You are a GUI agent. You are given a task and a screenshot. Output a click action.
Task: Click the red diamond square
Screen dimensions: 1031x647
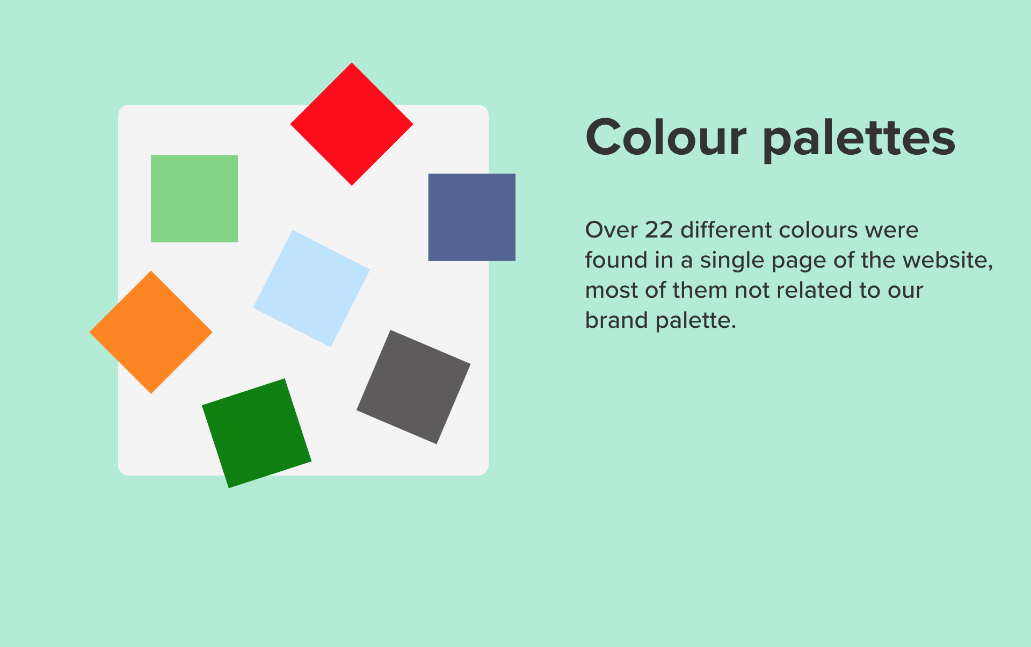point(352,124)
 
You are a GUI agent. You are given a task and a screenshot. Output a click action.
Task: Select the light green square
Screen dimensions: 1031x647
point(194,199)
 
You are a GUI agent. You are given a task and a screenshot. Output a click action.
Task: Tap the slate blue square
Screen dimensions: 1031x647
point(471,217)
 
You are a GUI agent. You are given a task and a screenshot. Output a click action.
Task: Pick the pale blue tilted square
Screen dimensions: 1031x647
point(311,289)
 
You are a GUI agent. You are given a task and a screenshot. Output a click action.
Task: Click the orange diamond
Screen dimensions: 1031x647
point(151,332)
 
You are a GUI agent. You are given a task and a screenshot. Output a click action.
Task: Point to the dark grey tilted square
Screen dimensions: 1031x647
point(413,387)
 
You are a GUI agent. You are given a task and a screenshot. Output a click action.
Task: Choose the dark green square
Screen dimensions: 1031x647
point(257,433)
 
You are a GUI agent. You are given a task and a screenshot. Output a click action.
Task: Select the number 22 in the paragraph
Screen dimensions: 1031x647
point(659,230)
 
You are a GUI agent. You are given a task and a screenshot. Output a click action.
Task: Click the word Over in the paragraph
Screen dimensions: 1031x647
point(611,230)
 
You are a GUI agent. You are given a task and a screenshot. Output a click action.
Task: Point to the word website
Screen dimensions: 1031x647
point(948,261)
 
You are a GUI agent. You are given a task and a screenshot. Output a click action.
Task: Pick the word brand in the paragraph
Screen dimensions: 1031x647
point(617,320)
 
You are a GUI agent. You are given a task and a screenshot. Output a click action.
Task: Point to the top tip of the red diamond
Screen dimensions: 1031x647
point(352,63)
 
